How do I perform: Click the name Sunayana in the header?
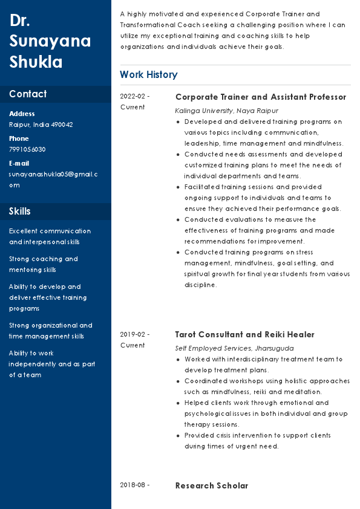(50, 41)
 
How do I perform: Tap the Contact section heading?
(28, 94)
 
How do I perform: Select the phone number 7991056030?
(27, 149)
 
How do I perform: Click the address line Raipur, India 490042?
(41, 125)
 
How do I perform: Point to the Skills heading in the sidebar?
(20, 211)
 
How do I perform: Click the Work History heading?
(148, 75)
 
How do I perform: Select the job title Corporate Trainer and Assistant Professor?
(260, 97)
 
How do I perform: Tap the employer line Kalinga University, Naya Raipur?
(226, 111)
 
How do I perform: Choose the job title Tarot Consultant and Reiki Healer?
(244, 334)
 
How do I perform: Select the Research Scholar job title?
(211, 485)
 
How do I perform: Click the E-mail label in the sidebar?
(19, 163)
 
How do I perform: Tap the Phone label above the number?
(19, 138)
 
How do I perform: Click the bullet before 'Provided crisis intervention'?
(177, 435)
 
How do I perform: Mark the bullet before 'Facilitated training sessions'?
(177, 187)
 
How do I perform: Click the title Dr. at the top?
(20, 21)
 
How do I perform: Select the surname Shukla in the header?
(36, 62)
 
